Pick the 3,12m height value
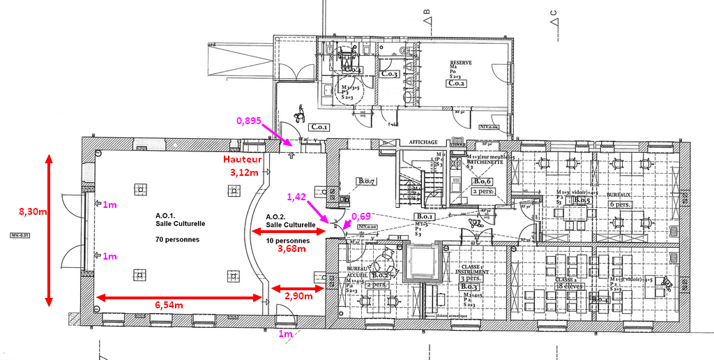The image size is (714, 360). pyautogui.click(x=245, y=172)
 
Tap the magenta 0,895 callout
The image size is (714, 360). pyautogui.click(x=249, y=121)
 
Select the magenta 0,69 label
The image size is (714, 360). pyautogui.click(x=361, y=216)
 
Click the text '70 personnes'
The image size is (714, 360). pyautogui.click(x=178, y=239)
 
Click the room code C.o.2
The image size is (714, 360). pyautogui.click(x=456, y=84)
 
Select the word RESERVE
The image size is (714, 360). pyautogui.click(x=461, y=63)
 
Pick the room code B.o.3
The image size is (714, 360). pyautogui.click(x=468, y=287)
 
